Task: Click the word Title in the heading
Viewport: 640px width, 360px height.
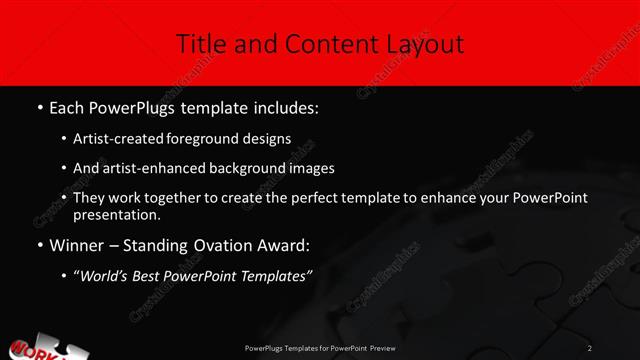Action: pyautogui.click(x=199, y=44)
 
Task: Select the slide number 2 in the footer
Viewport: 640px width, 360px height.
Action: pyautogui.click(x=590, y=347)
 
